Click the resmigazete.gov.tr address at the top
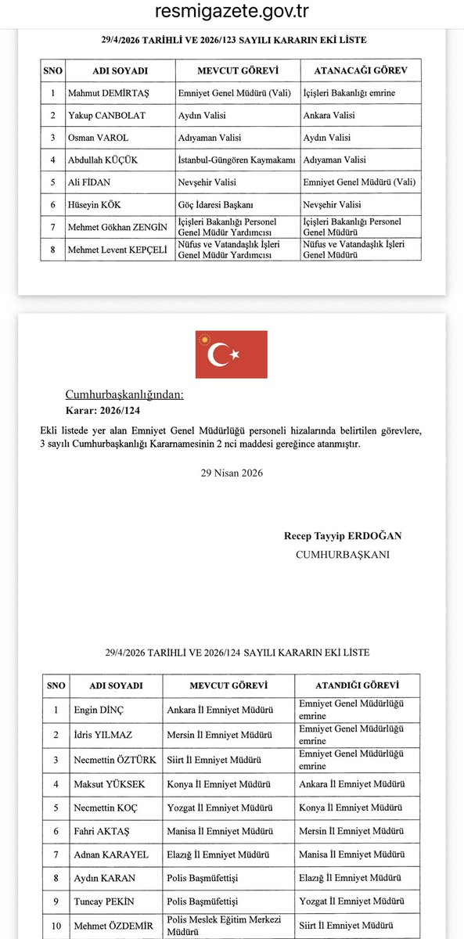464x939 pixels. pyautogui.click(x=232, y=12)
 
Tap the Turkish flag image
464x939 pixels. pyautogui.click(x=232, y=354)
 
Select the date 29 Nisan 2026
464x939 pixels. pyautogui.click(x=232, y=473)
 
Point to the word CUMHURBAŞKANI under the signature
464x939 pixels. pyautogui.click(x=342, y=554)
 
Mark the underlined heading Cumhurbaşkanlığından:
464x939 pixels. pyautogui.click(x=124, y=394)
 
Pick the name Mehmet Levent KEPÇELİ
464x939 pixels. pyautogui.click(x=108, y=250)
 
